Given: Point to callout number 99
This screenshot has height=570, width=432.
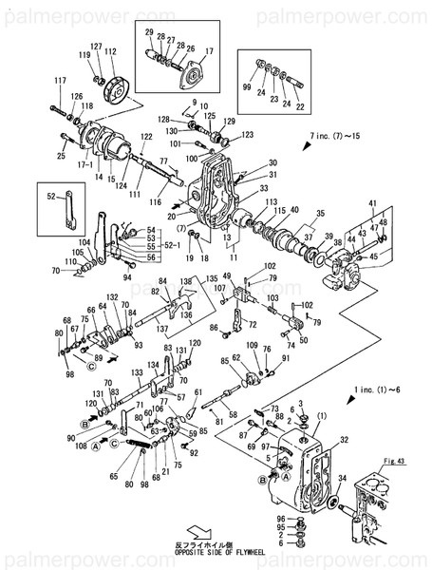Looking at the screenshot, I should click(x=247, y=87).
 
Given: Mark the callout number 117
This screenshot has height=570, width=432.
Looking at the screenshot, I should click(x=61, y=79).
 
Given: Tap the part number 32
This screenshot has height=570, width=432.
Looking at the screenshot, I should click(x=343, y=441).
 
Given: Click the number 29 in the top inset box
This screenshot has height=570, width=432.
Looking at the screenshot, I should click(x=149, y=32).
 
